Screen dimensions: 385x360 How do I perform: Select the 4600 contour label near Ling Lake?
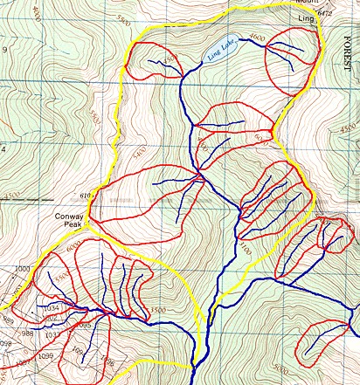256,38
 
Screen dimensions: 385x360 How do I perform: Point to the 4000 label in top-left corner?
35,13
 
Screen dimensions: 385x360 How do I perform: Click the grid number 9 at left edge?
3,50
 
